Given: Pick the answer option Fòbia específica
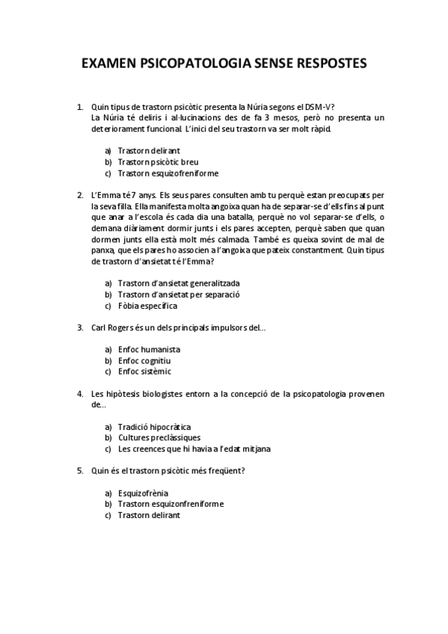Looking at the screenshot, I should click(147, 306).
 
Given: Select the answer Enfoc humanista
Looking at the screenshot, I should click(149, 349).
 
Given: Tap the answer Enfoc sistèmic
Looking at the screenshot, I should click(144, 371).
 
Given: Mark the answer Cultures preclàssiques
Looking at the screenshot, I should click(159, 437).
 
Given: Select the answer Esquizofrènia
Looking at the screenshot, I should click(143, 493).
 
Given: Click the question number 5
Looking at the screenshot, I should click(79, 470).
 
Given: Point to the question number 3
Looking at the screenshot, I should click(79, 327).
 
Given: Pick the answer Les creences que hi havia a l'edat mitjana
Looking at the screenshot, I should click(194, 449).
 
